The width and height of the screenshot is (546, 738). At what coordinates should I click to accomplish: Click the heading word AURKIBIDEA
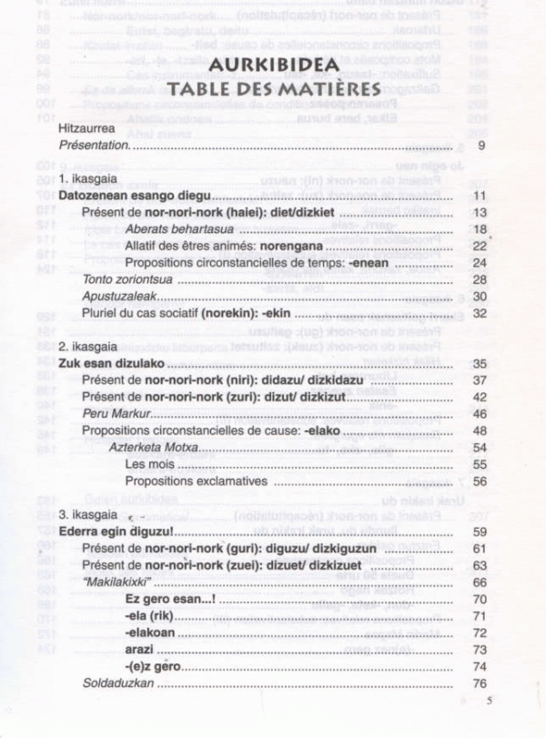tap(272, 69)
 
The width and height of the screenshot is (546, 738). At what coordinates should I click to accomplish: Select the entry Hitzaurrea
tap(85, 131)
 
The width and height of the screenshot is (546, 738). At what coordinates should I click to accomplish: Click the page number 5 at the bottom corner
tap(489, 701)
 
